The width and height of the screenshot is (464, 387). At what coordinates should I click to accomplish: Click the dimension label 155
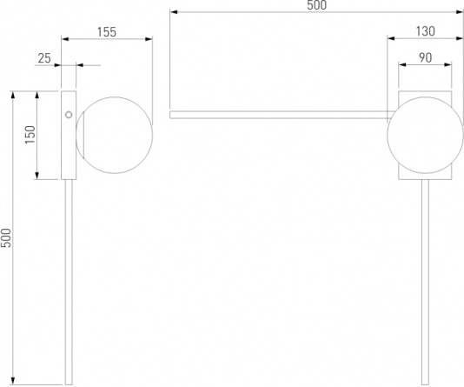click(107, 32)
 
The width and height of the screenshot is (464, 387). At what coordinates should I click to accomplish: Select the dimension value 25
click(44, 58)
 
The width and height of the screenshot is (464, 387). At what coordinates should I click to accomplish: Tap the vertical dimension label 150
click(30, 135)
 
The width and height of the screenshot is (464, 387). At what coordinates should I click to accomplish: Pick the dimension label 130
click(425, 31)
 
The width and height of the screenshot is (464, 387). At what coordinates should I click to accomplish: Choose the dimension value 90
click(425, 57)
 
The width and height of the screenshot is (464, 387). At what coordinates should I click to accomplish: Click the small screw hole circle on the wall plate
click(69, 115)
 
